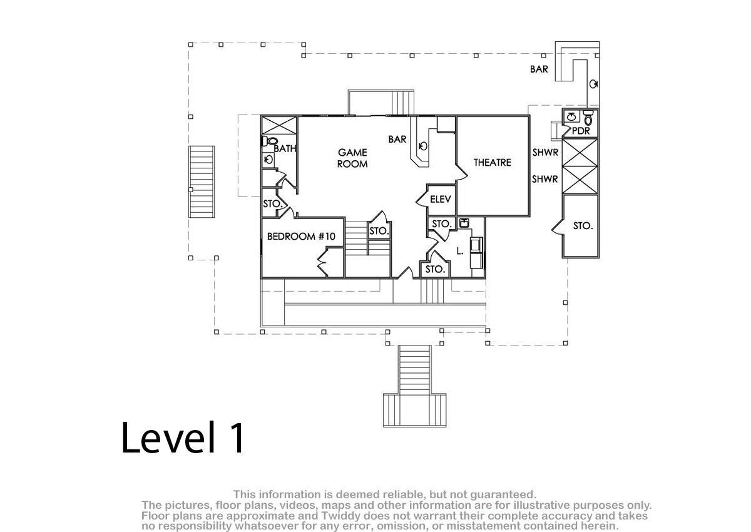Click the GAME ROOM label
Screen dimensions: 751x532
point(352,158)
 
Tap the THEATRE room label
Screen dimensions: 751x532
point(492,163)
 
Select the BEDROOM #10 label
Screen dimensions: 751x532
point(301,237)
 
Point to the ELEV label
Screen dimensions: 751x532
point(440,200)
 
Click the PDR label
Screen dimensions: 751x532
point(581,131)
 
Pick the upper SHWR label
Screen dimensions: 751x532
point(545,153)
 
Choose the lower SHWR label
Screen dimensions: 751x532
point(545,179)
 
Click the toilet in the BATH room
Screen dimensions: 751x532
point(270,141)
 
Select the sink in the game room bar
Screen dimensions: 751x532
point(423,146)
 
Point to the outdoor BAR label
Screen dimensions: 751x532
point(539,69)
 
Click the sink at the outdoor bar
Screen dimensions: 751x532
point(593,84)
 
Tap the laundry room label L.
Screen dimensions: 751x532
point(459,251)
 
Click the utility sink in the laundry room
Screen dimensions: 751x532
point(464,223)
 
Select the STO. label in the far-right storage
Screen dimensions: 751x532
point(583,226)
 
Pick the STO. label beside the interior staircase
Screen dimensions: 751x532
point(379,231)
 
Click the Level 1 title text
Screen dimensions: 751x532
point(183,438)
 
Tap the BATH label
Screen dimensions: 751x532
point(285,148)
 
